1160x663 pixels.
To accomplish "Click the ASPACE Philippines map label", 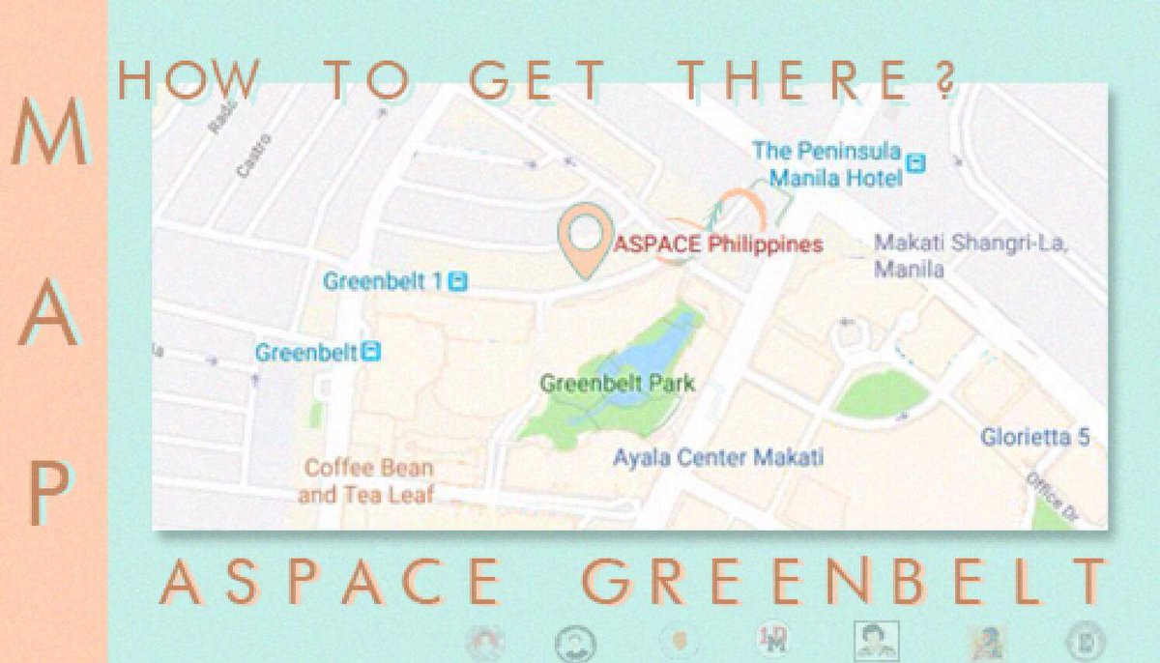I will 718,245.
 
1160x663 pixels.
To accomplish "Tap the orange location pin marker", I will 584,240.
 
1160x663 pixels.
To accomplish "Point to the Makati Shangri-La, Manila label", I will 970,255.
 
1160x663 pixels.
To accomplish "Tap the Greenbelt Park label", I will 617,384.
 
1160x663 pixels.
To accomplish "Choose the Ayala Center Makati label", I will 718,457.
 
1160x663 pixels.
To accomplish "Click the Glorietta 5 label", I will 1035,437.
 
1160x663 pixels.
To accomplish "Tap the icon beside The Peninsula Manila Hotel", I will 916,164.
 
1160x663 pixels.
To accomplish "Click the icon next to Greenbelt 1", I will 459,282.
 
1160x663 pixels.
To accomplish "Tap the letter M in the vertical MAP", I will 48,134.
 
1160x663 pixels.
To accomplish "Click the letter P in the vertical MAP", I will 49,493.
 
